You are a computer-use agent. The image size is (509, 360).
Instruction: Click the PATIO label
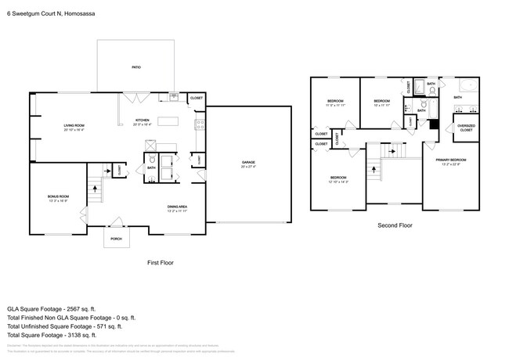136,68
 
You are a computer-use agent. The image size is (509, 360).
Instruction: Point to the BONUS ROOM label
60,196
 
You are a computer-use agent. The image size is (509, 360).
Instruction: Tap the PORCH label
116,239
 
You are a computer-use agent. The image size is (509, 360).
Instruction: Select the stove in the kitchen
200,123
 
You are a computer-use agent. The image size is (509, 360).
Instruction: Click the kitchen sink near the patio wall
174,97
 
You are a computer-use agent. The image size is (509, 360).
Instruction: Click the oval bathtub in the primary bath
467,86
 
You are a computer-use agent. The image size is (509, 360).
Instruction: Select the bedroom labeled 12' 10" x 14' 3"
339,178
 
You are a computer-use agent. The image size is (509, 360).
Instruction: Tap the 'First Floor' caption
161,264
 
